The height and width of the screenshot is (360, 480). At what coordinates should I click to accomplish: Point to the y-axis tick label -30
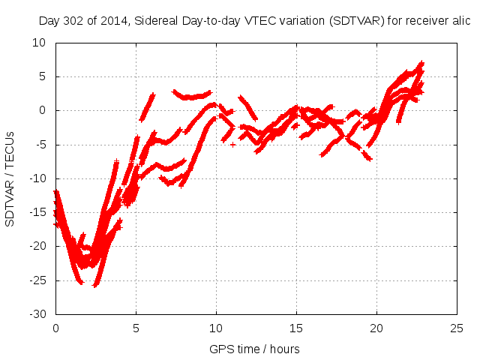(x=37, y=313)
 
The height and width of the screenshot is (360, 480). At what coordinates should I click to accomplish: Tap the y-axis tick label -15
(x=37, y=212)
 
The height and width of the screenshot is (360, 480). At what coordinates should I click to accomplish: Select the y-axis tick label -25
(x=37, y=280)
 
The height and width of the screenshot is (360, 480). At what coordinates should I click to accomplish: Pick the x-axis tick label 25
(x=457, y=328)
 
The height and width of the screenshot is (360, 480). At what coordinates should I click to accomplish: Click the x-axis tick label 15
(x=296, y=328)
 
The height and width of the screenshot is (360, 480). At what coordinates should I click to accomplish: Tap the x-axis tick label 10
(x=216, y=328)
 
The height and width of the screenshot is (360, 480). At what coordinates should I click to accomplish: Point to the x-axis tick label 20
(x=376, y=328)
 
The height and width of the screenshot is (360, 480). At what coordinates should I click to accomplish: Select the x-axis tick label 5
(x=136, y=328)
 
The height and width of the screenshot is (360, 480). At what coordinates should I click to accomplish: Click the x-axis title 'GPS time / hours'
(x=254, y=349)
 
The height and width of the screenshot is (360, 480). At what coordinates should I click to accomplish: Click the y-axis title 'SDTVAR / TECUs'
(x=10, y=178)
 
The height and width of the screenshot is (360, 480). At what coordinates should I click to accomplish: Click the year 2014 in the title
(x=112, y=22)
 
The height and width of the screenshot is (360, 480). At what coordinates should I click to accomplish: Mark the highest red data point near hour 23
(x=422, y=63)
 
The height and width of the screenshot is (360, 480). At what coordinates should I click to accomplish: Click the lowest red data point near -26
(x=95, y=285)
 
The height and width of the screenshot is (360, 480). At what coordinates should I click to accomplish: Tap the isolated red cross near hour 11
(x=232, y=144)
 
